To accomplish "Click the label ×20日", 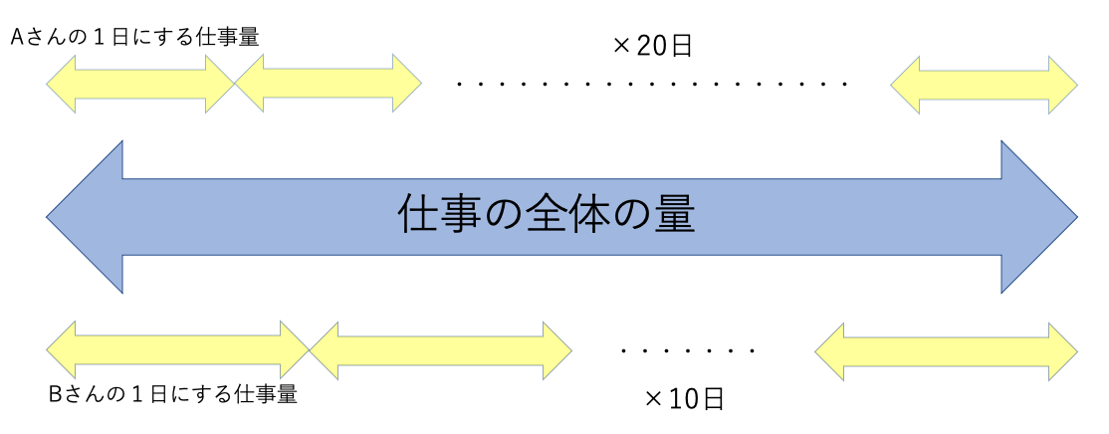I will [x=653, y=46].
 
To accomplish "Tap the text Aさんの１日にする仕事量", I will [x=134, y=37].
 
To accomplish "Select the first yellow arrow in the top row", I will [x=139, y=84].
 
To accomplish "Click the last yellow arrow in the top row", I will [x=984, y=84].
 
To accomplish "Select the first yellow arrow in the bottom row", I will [x=178, y=350].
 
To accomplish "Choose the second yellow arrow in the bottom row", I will [x=441, y=350].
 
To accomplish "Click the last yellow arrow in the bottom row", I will [x=946, y=350].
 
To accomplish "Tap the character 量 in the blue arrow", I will [x=672, y=215].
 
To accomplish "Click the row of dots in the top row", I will [x=653, y=85].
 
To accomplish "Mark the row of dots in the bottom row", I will [x=688, y=351].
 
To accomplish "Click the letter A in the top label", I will [x=18, y=37].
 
